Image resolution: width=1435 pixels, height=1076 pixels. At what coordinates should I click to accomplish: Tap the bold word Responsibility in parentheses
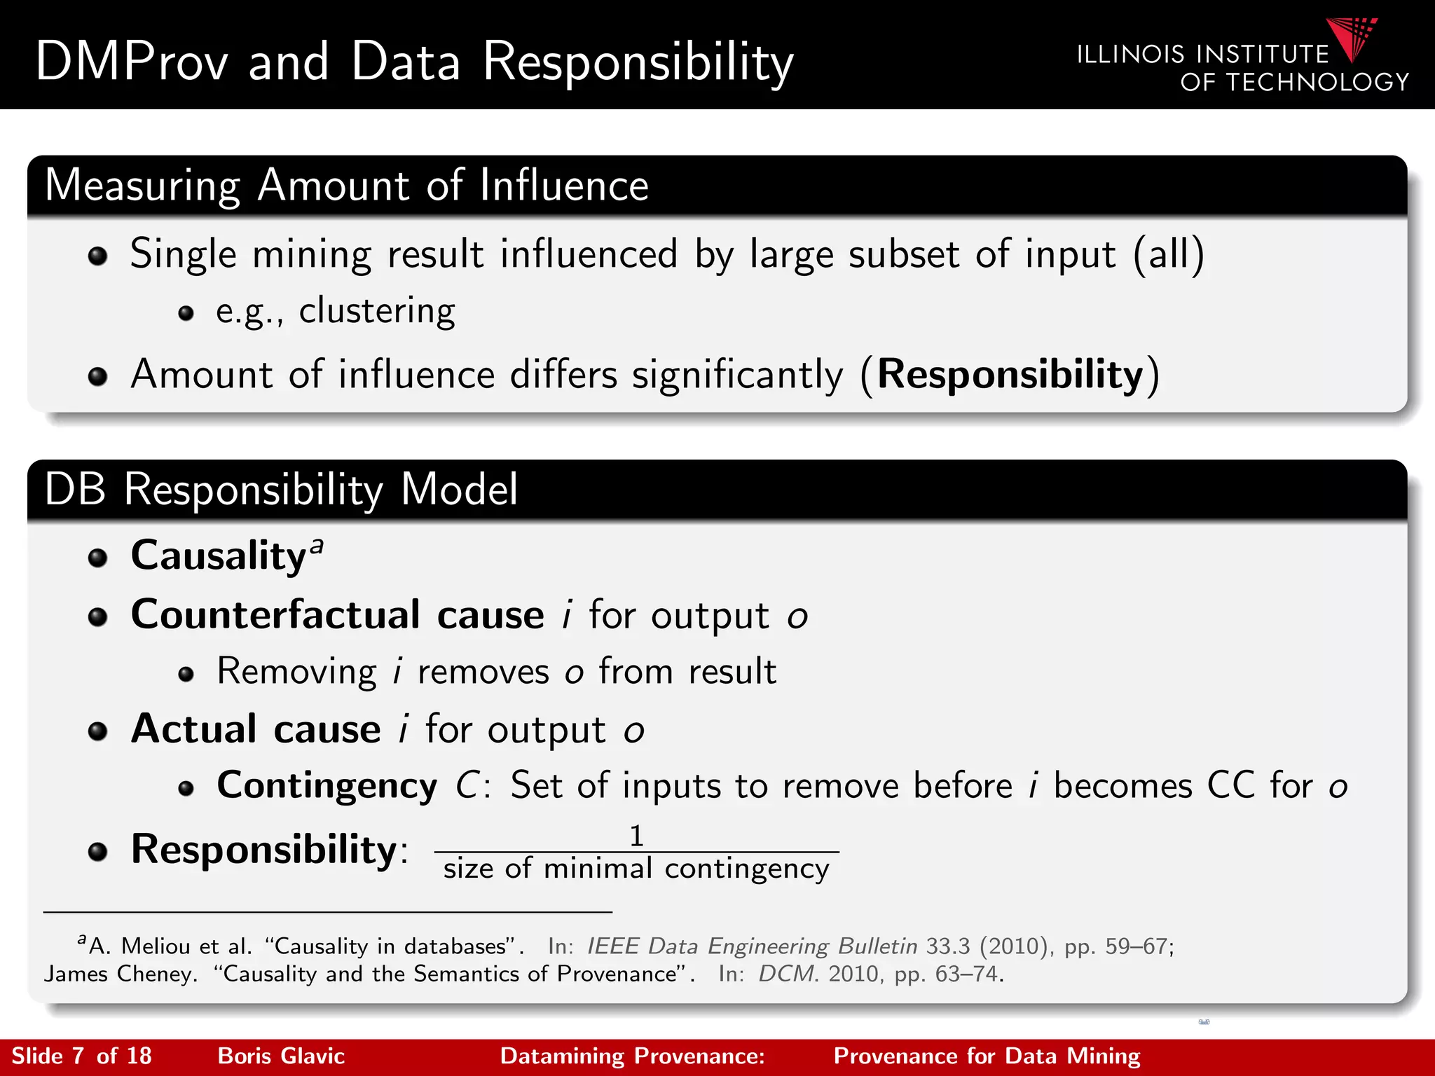pyautogui.click(x=1010, y=375)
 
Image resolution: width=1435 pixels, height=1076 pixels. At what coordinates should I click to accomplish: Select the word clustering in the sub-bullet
pyautogui.click(x=377, y=311)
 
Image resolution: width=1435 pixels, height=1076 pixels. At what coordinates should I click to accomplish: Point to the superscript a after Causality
pyautogui.click(x=317, y=545)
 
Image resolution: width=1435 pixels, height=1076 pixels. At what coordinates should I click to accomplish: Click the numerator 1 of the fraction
pyautogui.click(x=636, y=836)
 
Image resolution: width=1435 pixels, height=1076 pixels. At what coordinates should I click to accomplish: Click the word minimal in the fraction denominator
pyautogui.click(x=598, y=869)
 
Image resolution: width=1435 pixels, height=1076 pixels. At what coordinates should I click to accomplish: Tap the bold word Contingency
pyautogui.click(x=327, y=785)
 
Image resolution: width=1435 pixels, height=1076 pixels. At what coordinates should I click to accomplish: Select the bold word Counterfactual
pyautogui.click(x=275, y=614)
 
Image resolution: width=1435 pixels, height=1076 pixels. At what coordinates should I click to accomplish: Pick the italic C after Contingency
pyautogui.click(x=467, y=785)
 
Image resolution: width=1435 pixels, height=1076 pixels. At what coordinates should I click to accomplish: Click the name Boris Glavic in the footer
pyautogui.click(x=281, y=1056)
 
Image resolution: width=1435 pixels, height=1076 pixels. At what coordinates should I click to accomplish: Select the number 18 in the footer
pyautogui.click(x=139, y=1056)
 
